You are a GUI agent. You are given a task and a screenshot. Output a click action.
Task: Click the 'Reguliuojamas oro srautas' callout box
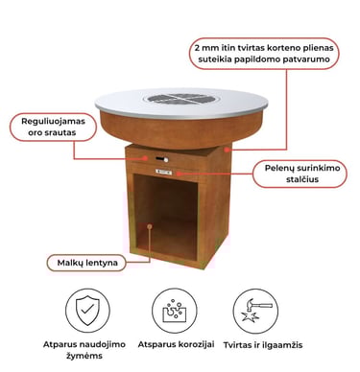[x=53, y=127]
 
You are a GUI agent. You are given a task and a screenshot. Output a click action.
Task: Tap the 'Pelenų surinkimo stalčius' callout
[x=300, y=174]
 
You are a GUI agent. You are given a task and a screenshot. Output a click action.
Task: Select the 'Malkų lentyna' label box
[x=86, y=263]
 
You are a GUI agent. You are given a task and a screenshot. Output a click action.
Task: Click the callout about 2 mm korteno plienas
[x=264, y=54]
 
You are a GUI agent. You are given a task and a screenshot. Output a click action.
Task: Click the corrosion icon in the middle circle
[x=175, y=311]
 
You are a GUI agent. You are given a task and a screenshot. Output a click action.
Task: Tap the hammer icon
[x=255, y=311]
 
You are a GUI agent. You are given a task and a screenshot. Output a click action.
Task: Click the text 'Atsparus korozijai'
[x=176, y=344]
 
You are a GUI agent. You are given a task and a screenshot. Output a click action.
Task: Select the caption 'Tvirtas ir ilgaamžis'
[x=263, y=345]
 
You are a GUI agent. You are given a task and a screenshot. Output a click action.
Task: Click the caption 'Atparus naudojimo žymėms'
[x=84, y=350]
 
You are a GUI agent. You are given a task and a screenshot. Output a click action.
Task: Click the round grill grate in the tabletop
[x=181, y=99]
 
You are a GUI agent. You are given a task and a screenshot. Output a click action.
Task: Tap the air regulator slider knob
[x=165, y=159]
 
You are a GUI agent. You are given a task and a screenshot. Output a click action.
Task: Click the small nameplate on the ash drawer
[x=163, y=173]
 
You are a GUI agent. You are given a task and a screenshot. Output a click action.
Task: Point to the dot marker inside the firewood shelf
[x=150, y=226]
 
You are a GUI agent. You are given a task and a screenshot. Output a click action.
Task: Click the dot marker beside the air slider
[x=146, y=158]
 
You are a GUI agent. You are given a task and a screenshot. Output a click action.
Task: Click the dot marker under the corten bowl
[x=227, y=149]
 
